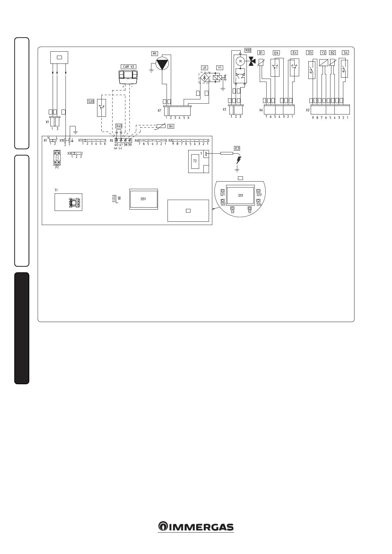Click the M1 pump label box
(155, 54)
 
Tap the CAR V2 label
(128, 66)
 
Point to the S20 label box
(91, 102)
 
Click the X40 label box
(119, 126)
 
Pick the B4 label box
(170, 126)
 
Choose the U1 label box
(205, 68)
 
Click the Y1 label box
(220, 68)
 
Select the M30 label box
(248, 50)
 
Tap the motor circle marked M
(241, 61)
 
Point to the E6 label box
(276, 53)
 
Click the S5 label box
(309, 52)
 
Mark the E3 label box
(237, 148)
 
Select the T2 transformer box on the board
(195, 161)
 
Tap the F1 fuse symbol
(57, 158)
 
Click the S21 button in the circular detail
(223, 191)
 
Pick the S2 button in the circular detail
(249, 208)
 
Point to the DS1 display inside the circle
(241, 195)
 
